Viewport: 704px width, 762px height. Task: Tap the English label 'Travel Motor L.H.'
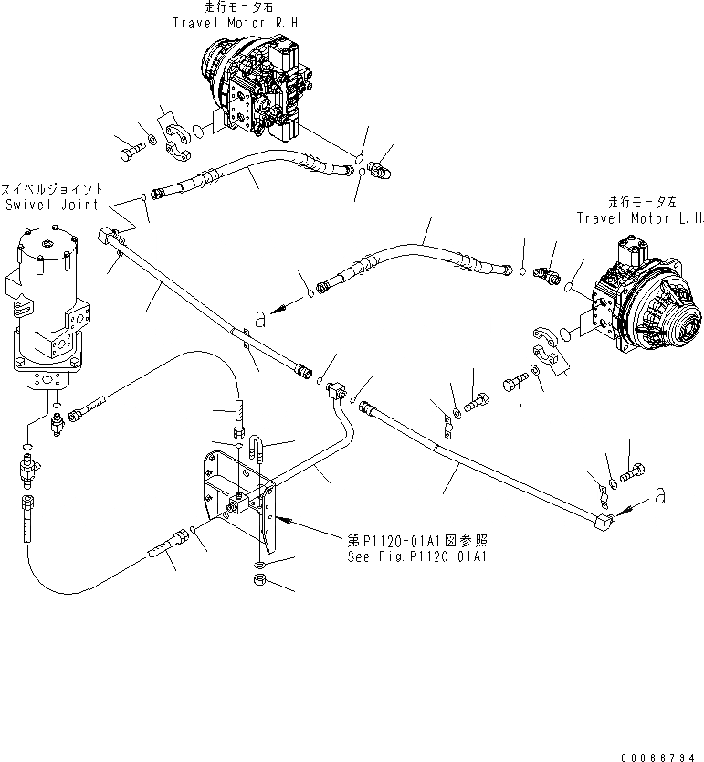(640, 217)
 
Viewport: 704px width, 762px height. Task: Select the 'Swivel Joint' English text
(51, 206)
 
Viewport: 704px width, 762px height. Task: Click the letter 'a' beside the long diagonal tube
(261, 319)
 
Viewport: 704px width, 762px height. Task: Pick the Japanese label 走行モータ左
(640, 203)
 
